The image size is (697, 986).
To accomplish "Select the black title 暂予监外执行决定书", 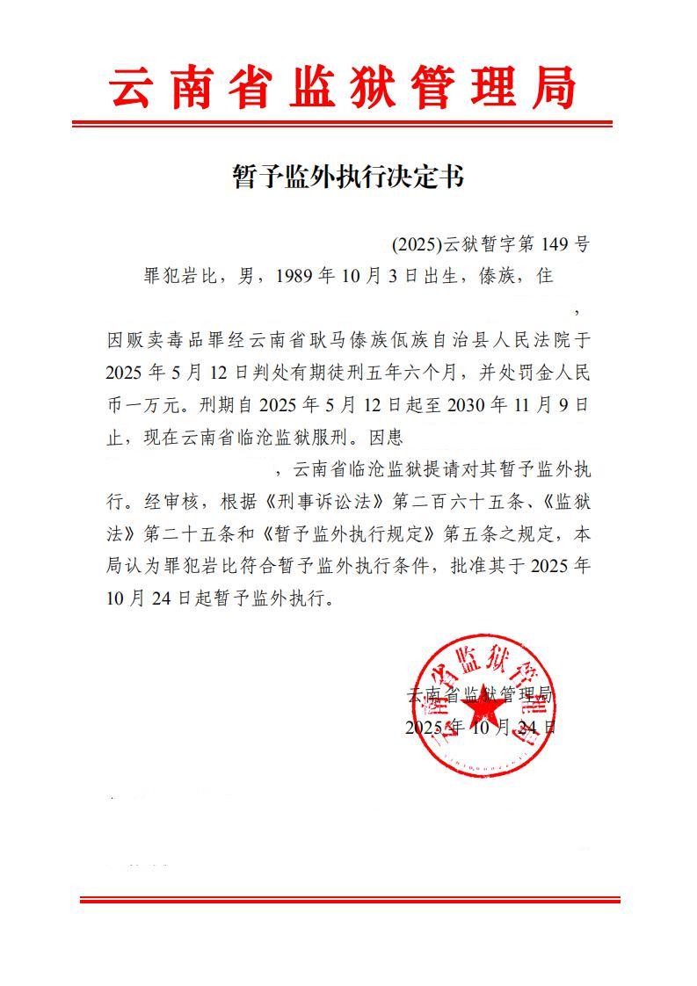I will (347, 177).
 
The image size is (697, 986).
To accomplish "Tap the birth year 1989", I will (294, 276).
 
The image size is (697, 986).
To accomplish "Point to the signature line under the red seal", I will (481, 695).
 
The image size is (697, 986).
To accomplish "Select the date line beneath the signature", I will (481, 728).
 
